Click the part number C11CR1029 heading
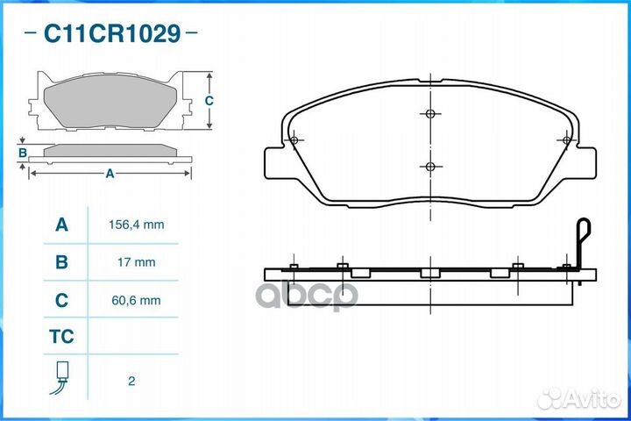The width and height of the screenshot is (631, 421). [112, 33]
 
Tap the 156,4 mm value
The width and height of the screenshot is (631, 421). [137, 225]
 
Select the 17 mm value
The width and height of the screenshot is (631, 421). [137, 262]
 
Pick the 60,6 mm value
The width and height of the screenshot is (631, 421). [136, 300]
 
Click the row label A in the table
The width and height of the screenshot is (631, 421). [61, 225]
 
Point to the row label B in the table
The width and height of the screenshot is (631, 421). [61, 262]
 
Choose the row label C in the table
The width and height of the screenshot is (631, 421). [61, 300]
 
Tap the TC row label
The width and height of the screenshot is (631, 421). [61, 337]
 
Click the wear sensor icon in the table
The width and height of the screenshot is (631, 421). [60, 377]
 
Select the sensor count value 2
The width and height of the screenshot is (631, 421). [131, 382]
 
